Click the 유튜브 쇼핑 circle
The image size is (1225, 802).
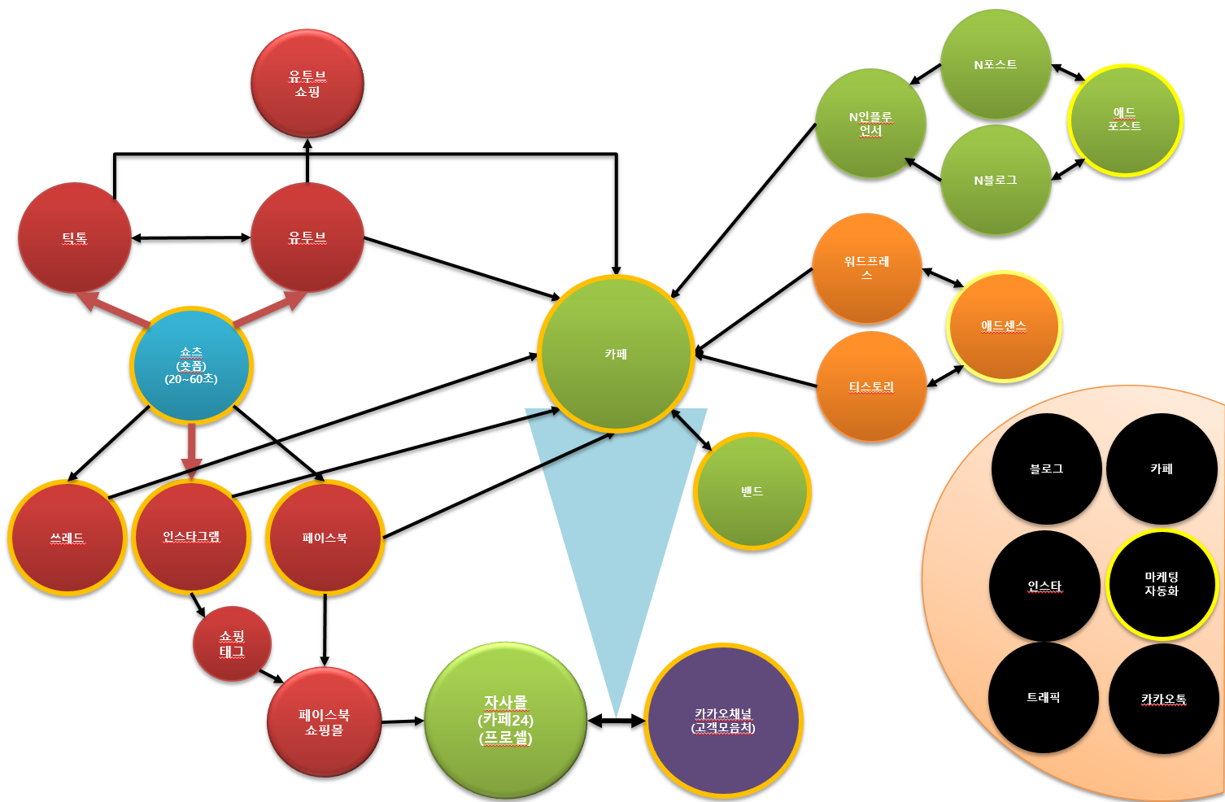(307, 84)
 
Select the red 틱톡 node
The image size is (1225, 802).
(75, 238)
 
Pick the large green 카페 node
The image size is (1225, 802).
(616, 354)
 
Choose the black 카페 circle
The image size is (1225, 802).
(1162, 469)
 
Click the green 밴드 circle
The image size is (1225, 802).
(752, 491)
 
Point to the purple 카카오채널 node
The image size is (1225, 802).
(723, 721)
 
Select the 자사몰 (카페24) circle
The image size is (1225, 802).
(505, 721)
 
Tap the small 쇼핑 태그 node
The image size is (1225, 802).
(232, 643)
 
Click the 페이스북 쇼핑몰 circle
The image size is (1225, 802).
(324, 722)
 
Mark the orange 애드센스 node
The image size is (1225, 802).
(1004, 326)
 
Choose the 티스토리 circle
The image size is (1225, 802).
(871, 387)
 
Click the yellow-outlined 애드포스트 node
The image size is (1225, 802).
(1124, 120)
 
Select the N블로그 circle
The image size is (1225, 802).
(996, 180)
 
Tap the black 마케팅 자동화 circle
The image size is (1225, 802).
(1162, 584)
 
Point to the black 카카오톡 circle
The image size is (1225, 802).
(1163, 699)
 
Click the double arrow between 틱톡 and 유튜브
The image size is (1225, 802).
(191, 238)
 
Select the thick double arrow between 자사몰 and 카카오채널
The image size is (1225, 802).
(616, 721)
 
